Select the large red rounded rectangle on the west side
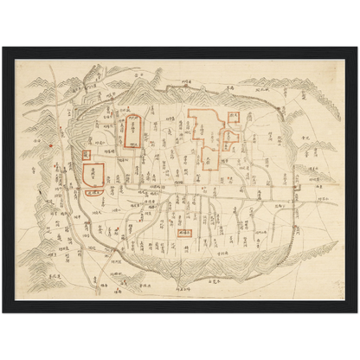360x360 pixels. pyautogui.click(x=93, y=168)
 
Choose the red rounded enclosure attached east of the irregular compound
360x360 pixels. pyautogui.click(x=229, y=138)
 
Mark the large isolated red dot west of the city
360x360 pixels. pyautogui.click(x=53, y=145)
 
